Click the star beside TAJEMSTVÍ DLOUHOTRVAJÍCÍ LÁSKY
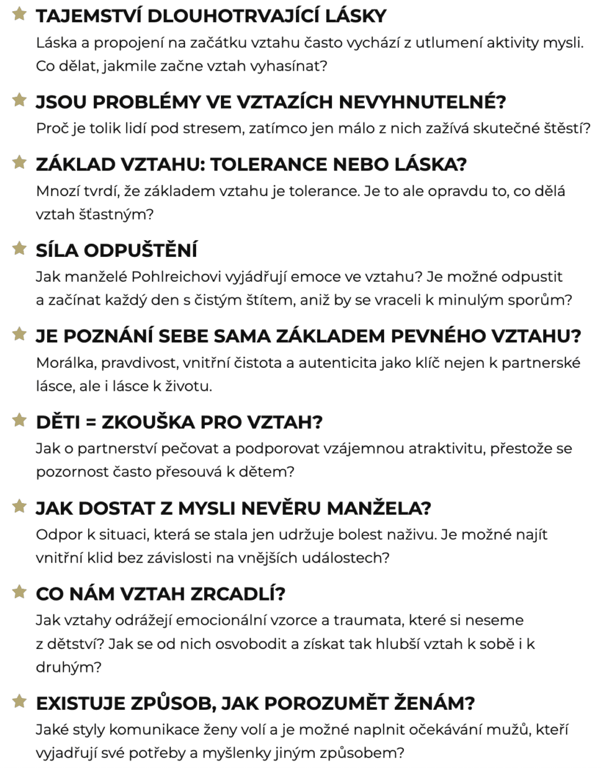(20, 14)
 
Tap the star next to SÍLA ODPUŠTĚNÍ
(20, 248)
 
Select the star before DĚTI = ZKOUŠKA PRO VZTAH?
(20, 420)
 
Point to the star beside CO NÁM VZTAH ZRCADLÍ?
(20, 592)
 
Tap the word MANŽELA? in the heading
(379, 508)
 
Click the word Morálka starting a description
(64, 362)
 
